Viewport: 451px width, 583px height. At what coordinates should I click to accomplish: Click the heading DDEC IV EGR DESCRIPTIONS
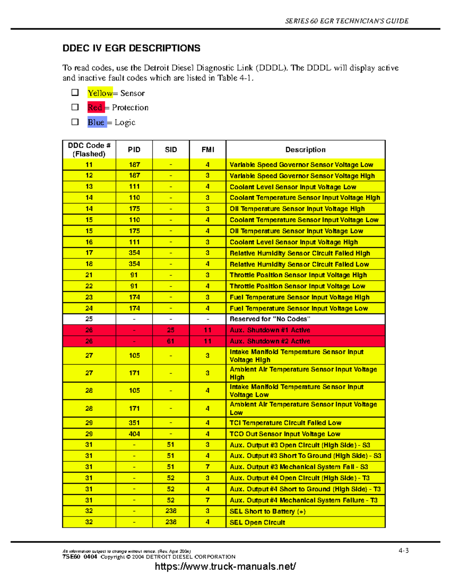(131, 48)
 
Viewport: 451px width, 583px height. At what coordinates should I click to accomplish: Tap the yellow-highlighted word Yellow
(100, 93)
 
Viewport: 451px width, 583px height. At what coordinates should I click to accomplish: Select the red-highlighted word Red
(95, 108)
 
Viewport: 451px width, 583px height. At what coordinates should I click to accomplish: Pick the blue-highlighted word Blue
(96, 122)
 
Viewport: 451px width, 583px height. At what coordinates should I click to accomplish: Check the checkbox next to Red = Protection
(75, 107)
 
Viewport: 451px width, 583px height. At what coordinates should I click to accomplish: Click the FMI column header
(207, 150)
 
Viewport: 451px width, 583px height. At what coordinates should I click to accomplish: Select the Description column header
(305, 150)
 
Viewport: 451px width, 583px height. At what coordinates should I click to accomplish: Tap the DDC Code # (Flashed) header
(89, 150)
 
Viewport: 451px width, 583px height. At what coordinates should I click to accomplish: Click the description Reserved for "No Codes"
(270, 319)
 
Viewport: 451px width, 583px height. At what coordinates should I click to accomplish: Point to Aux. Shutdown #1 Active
(270, 330)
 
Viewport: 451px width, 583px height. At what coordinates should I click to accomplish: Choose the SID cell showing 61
(171, 341)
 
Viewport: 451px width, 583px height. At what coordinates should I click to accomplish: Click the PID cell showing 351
(134, 423)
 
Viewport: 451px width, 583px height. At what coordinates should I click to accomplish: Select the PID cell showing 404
(134, 434)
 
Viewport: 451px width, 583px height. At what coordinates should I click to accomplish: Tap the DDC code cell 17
(89, 253)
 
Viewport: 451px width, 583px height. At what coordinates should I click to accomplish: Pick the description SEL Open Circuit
(257, 522)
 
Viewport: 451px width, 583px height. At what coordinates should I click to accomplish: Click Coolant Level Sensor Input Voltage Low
(293, 187)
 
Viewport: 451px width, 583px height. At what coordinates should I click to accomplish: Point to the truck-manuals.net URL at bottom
(225, 566)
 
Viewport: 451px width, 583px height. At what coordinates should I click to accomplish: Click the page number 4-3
(404, 551)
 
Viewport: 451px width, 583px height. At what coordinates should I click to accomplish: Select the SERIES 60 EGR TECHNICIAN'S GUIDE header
(347, 21)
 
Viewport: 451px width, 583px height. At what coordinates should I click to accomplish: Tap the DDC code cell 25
(89, 319)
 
